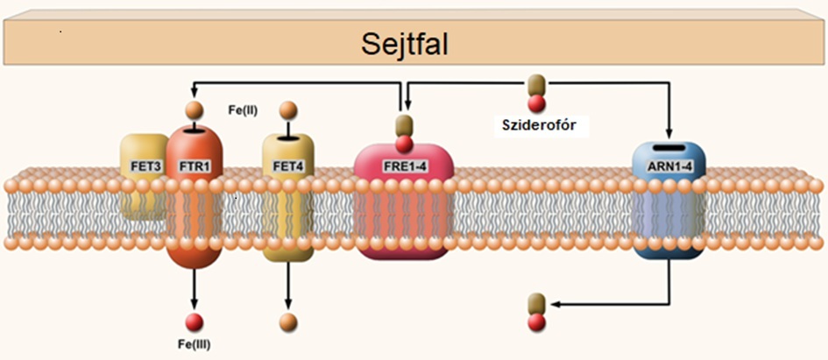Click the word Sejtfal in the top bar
pos(405,45)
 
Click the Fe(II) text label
pos(243,111)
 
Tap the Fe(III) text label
pos(194,346)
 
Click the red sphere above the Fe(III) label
pos(195,322)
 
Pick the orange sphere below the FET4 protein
pos(288,322)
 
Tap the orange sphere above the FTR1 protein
pos(194,110)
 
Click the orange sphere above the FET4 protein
pos(287,110)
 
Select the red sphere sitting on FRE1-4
pos(405,143)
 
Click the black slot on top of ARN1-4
pos(669,148)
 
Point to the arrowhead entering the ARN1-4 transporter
pos(669,132)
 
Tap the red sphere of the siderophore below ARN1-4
pos(536,322)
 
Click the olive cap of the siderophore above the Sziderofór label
pos(536,84)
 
